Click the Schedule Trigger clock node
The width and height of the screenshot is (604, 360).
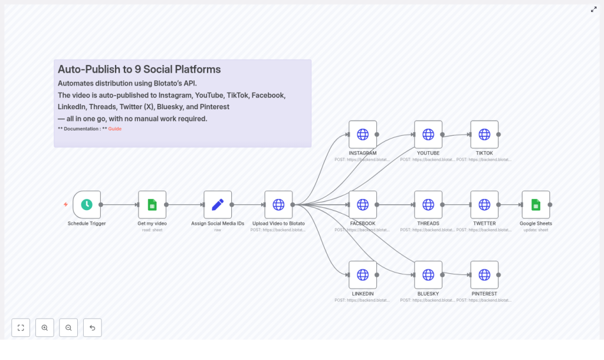87,205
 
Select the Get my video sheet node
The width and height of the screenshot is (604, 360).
152,205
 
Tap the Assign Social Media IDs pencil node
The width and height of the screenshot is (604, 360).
218,205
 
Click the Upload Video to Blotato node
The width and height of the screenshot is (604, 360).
278,205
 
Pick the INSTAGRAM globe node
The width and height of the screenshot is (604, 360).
363,135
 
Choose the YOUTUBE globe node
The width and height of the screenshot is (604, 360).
428,135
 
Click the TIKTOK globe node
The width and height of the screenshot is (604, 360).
484,135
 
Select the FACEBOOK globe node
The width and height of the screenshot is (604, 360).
363,205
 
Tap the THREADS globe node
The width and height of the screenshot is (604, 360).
428,205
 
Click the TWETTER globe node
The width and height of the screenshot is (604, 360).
484,205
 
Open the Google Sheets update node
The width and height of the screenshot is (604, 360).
536,205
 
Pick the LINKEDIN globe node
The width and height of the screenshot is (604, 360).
363,275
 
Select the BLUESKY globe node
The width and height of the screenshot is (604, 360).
428,275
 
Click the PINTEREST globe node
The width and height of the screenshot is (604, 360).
484,275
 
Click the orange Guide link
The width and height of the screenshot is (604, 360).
115,129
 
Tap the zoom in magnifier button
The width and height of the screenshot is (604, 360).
45,328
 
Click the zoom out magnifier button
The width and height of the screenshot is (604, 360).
68,328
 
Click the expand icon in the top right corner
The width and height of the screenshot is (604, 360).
593,9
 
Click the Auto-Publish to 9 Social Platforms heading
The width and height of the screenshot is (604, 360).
139,70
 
